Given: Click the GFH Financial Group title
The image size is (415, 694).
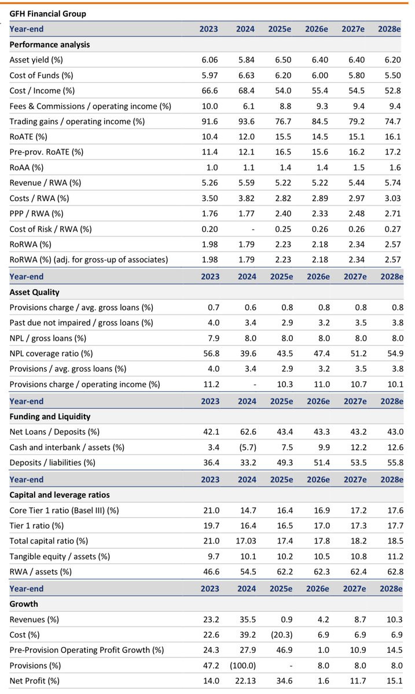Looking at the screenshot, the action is (x=48, y=14).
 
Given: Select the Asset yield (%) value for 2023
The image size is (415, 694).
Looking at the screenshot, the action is (x=210, y=60).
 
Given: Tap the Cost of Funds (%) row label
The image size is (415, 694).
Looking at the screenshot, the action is (x=41, y=76).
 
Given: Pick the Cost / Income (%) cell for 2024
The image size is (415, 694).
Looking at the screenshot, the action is (x=246, y=91).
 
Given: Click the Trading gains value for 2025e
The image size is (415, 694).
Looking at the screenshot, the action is (x=283, y=121).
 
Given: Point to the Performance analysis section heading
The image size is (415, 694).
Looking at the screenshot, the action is (x=50, y=45).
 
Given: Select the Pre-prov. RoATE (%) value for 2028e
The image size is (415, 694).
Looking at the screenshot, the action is (x=392, y=152).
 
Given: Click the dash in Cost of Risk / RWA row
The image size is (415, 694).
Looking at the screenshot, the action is (x=253, y=230).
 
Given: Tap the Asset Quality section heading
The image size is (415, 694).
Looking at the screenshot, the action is (x=34, y=292).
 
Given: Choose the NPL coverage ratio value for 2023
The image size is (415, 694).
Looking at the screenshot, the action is (x=211, y=353).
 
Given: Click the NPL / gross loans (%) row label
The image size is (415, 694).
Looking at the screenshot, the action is (x=48, y=338).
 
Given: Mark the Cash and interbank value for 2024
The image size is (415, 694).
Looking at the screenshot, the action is (x=248, y=448).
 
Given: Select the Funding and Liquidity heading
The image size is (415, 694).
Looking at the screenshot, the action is (x=50, y=417).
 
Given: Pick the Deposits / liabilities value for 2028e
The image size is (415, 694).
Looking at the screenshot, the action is (x=395, y=463).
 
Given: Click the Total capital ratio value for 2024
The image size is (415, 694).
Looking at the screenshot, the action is (x=246, y=541).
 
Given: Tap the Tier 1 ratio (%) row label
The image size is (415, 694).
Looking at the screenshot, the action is (x=36, y=526).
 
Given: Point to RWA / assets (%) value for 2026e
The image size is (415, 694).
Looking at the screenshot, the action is (x=322, y=571).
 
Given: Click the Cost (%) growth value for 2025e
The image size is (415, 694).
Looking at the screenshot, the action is (x=282, y=635).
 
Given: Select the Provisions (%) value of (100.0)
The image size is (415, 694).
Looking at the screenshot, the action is (x=243, y=666).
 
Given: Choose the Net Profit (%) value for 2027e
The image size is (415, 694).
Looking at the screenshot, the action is (x=358, y=681).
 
